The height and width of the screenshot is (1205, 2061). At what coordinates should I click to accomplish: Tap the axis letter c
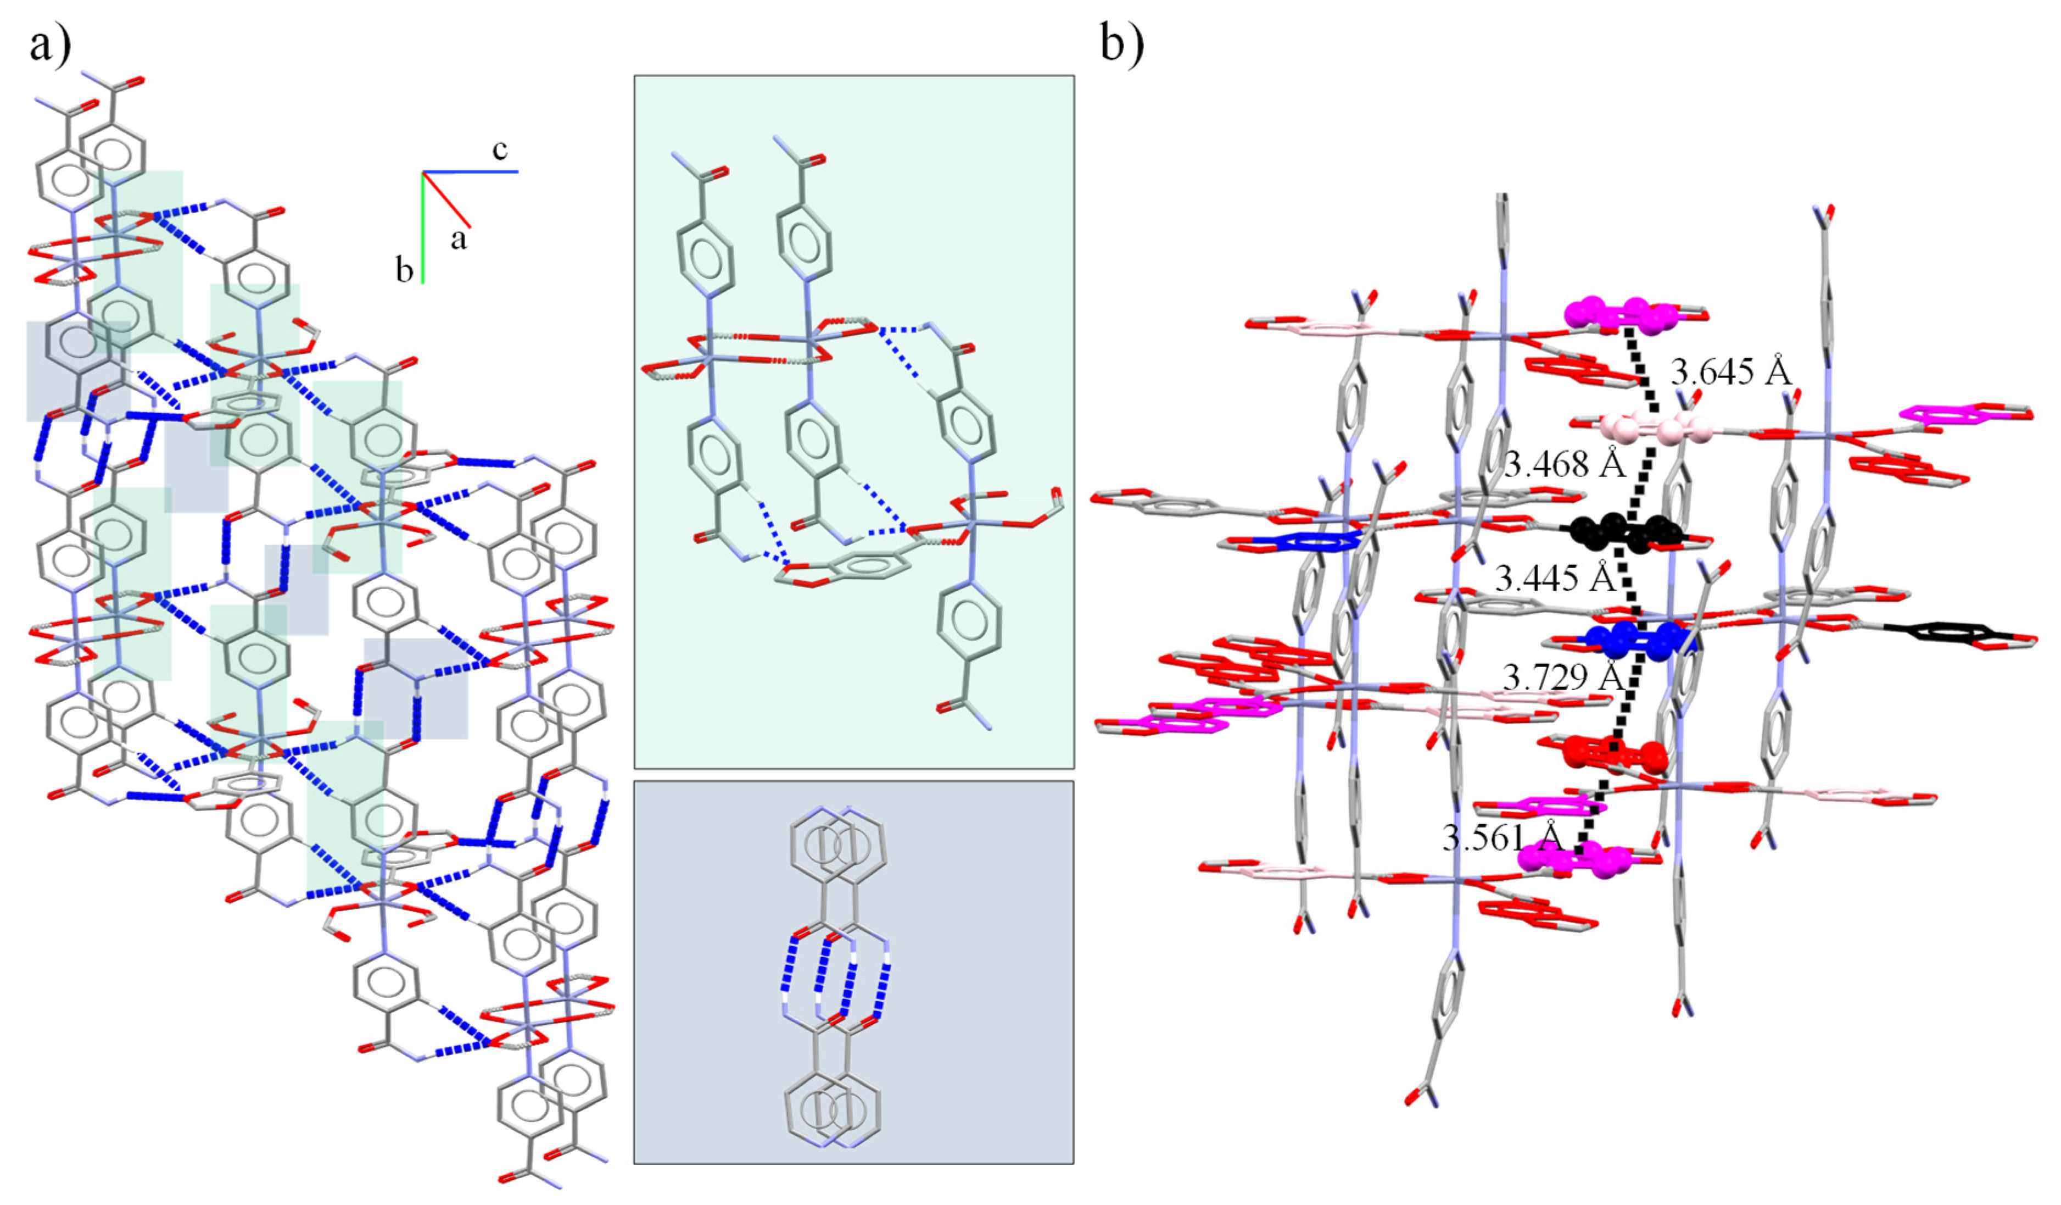[x=500, y=149]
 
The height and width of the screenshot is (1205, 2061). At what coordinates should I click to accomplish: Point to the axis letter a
[x=459, y=239]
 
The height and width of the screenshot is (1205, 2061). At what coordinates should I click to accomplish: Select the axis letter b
[x=404, y=270]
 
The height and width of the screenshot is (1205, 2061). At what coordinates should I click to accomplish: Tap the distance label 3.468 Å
[x=1564, y=465]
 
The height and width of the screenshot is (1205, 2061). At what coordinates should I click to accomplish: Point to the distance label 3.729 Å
[x=1562, y=676]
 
